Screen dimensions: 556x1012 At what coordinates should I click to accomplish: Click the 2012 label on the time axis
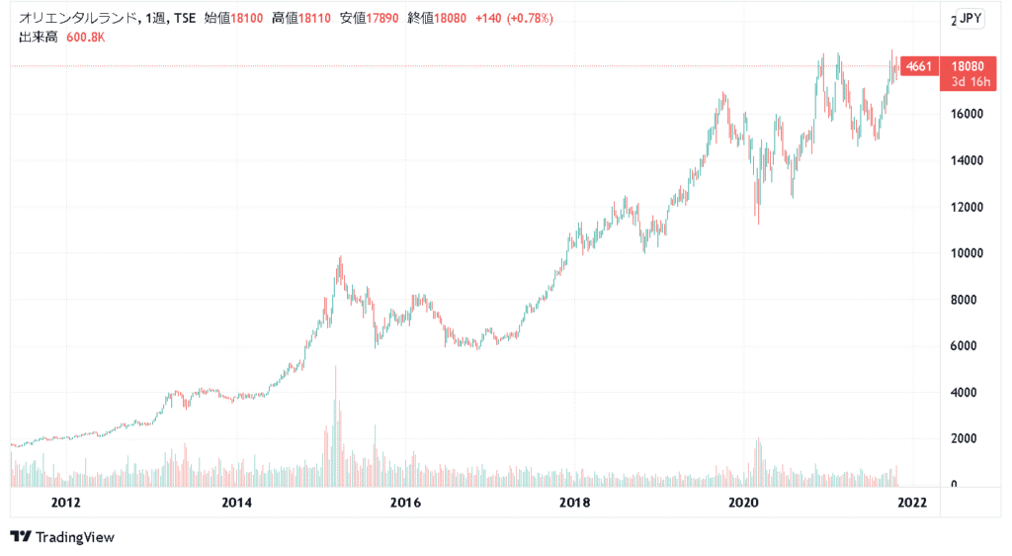(66, 503)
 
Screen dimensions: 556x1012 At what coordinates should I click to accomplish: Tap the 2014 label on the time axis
(236, 503)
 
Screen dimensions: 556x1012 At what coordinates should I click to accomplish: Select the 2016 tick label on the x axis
(405, 503)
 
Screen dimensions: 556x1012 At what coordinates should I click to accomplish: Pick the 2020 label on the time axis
(743, 503)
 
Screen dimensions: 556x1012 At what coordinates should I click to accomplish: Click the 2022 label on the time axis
(911, 503)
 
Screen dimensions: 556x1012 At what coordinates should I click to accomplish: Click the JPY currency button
(970, 18)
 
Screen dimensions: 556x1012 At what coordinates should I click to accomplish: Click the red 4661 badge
(918, 66)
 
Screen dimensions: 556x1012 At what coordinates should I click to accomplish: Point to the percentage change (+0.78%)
(530, 19)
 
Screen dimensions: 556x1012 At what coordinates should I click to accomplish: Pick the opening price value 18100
(247, 19)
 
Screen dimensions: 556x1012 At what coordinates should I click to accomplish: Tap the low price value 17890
(381, 19)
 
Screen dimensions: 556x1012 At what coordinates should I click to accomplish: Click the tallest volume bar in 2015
(336, 425)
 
